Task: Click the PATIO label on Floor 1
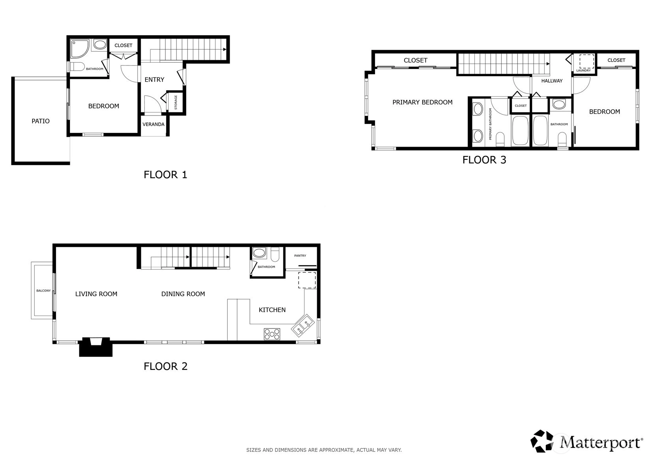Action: click(41, 121)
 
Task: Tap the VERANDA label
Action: click(154, 124)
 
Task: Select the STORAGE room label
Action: click(176, 103)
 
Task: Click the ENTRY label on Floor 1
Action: click(154, 79)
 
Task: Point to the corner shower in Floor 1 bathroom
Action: click(79, 49)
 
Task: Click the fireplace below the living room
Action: click(96, 347)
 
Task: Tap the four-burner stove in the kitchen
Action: click(272, 334)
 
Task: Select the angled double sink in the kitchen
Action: click(303, 325)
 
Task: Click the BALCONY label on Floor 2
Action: click(43, 291)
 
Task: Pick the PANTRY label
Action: click(300, 256)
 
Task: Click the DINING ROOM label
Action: click(183, 294)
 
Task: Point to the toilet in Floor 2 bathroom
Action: click(275, 254)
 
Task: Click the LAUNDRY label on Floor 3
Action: click(584, 71)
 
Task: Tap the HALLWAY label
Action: click(552, 81)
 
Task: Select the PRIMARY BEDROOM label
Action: click(423, 103)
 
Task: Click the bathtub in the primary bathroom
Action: click(520, 131)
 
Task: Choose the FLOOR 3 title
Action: click(484, 160)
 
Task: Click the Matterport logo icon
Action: click(542, 441)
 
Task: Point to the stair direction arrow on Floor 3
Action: click(548, 64)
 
